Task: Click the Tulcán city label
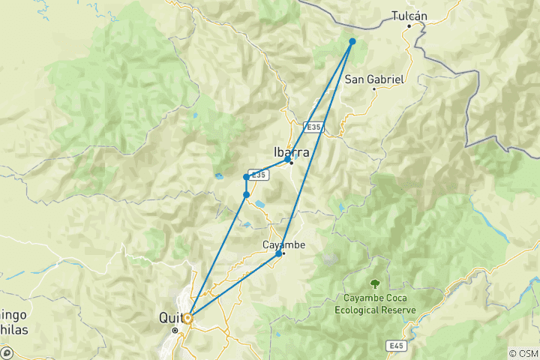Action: pos(409,15)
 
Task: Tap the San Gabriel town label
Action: pos(374,79)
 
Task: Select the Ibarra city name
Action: pos(292,149)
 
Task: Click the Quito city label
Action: pos(171,317)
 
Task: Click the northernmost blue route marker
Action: pos(352,41)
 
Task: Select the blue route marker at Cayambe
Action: pos(279,253)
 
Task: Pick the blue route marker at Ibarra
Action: pos(288,160)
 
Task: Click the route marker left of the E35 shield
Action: pos(246,177)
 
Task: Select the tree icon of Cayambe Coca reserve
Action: pos(374,283)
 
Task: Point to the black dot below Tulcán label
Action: pos(409,26)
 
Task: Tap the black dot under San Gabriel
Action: pos(374,89)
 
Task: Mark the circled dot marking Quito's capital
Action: pos(175,329)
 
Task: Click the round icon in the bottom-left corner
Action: pos(7,352)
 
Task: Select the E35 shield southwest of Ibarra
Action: pos(258,175)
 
